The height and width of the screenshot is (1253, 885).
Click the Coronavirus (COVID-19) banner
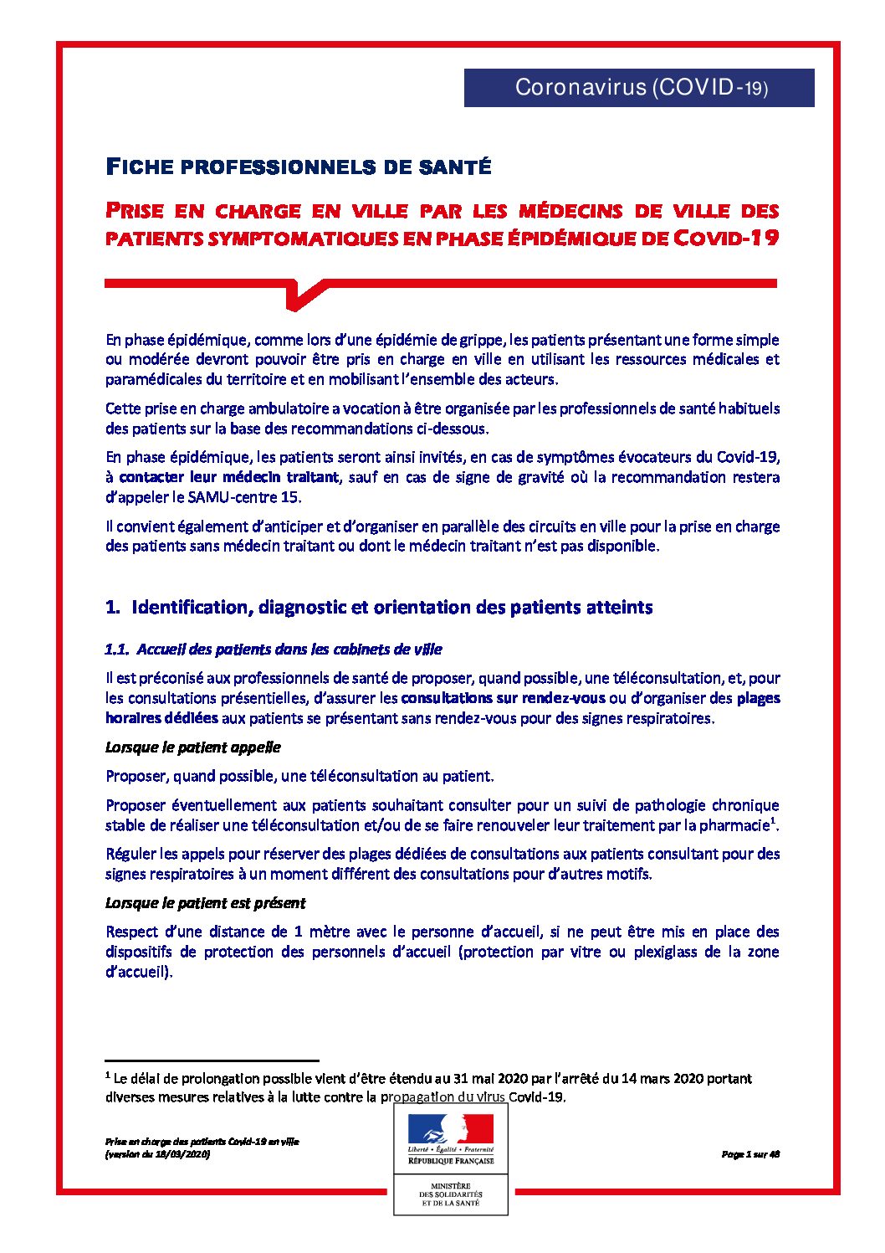[639, 87]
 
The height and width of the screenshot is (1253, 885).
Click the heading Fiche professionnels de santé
[298, 167]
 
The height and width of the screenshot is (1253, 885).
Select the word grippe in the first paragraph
[482, 340]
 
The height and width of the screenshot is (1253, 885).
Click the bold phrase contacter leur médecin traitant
[229, 477]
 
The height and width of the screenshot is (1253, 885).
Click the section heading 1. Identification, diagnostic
[379, 608]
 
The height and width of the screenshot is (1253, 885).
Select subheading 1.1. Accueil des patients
[274, 650]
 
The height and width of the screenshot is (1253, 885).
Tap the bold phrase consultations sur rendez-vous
[503, 698]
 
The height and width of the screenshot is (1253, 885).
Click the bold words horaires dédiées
[161, 718]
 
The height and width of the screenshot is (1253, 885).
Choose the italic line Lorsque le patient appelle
[193, 747]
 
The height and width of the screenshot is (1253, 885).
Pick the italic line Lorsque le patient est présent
[205, 903]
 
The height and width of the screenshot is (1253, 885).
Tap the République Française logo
[451, 1139]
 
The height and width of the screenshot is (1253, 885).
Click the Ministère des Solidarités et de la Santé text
[451, 1194]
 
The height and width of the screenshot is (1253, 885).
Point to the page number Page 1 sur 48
[750, 1154]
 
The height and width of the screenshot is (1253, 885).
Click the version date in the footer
[157, 1154]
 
